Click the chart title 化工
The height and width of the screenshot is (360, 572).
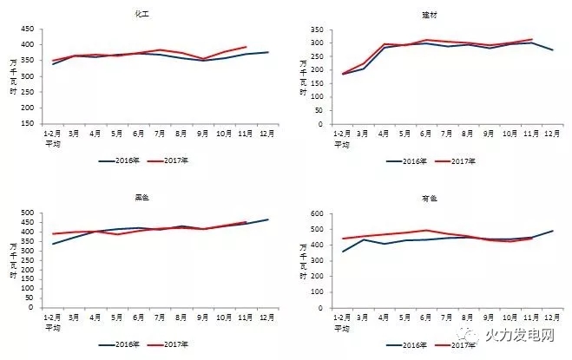tap(140, 15)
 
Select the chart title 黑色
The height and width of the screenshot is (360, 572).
tap(140, 199)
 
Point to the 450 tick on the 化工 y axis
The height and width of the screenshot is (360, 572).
tap(28, 29)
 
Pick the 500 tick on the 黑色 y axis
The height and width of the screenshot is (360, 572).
tap(28, 213)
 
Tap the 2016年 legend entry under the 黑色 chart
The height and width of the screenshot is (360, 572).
tap(128, 344)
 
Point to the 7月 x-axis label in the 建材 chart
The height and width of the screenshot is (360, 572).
tap(469, 134)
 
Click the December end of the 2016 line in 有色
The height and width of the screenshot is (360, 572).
tap(552, 231)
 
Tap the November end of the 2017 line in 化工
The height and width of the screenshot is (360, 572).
tap(247, 47)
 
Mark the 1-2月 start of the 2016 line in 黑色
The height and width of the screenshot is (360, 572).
tap(52, 244)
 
